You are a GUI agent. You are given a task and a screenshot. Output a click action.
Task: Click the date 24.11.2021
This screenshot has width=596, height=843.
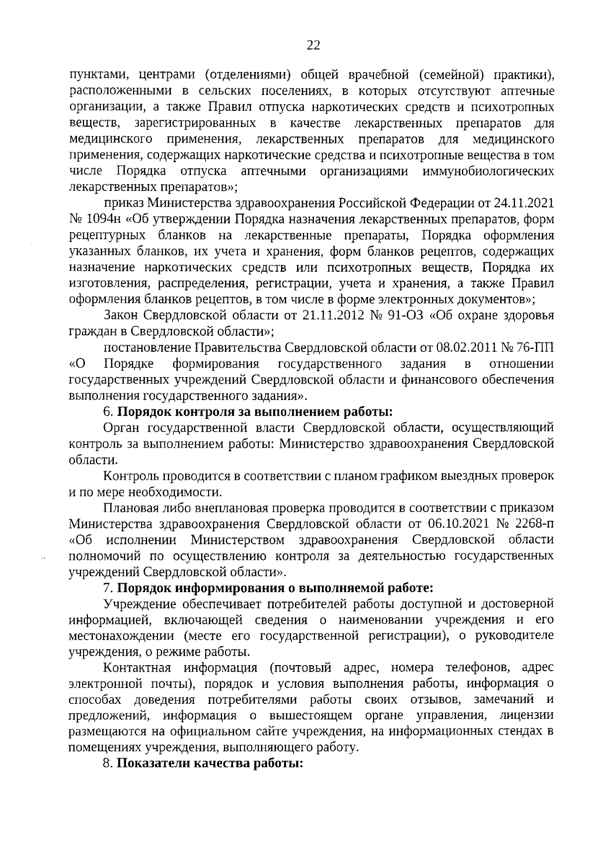point(523,203)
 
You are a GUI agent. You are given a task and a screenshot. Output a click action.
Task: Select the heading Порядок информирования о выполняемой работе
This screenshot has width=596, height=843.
point(275,588)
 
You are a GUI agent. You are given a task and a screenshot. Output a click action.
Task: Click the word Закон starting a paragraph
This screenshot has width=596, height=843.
point(122,315)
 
